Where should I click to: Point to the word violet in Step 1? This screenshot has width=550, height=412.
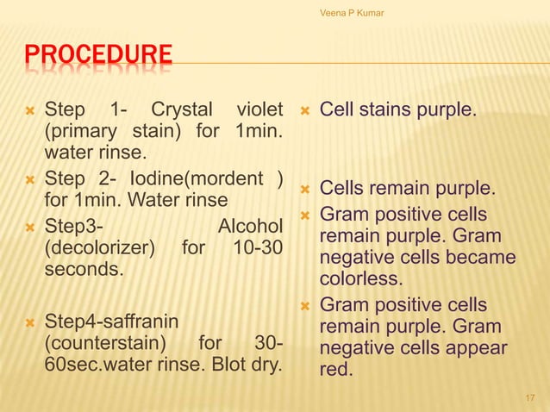click(x=258, y=110)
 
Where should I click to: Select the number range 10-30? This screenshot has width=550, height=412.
click(x=258, y=248)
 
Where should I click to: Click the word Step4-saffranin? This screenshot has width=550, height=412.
click(x=111, y=321)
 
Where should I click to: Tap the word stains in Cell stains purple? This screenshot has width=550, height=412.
click(x=385, y=110)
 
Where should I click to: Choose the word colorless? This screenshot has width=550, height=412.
click(x=361, y=279)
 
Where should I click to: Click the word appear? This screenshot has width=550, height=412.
click(x=474, y=349)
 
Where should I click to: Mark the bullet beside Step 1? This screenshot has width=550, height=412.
click(x=29, y=111)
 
